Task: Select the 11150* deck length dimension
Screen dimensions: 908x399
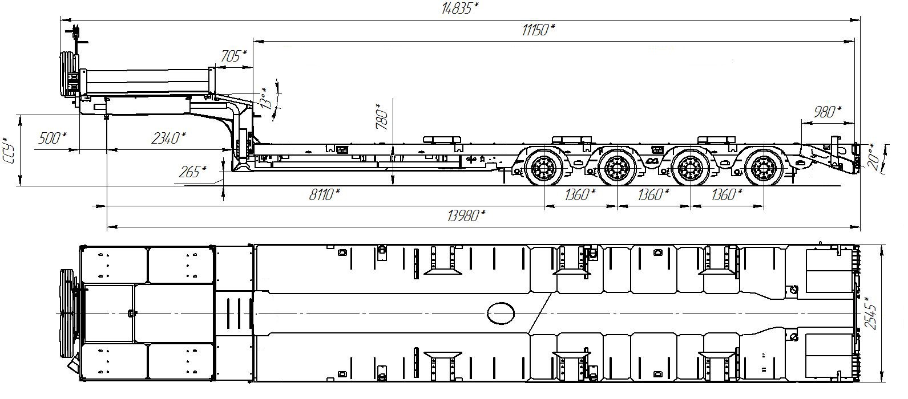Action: (538, 30)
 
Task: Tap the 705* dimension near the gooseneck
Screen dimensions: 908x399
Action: (234, 56)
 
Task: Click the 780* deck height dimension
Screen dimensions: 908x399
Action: (382, 116)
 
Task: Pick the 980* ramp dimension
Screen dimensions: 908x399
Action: (828, 112)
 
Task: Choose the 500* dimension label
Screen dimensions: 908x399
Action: (52, 138)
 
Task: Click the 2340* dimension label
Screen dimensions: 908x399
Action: (168, 138)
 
